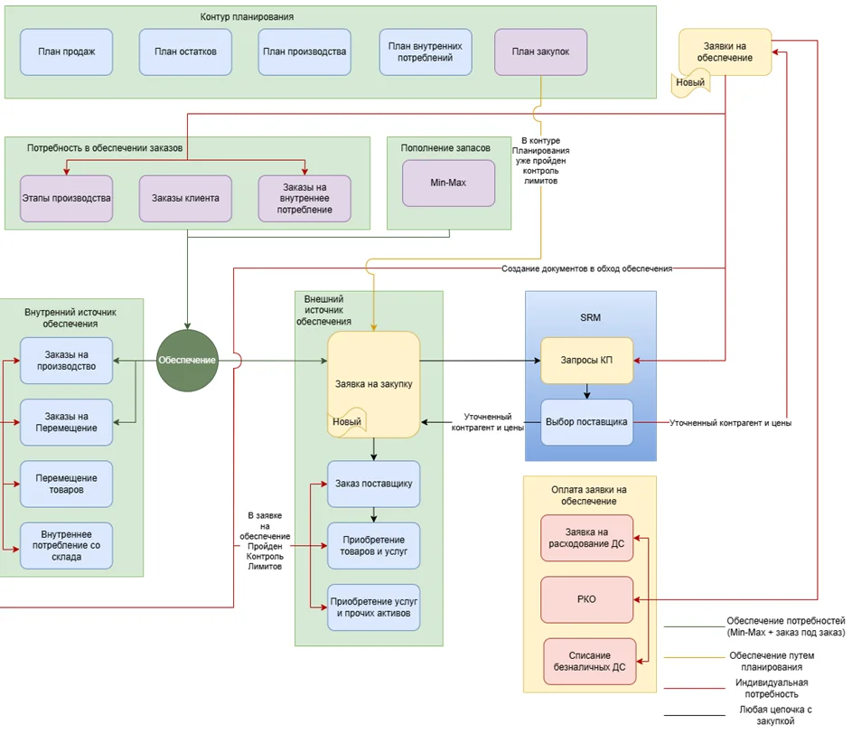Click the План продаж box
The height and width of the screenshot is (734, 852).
(x=67, y=52)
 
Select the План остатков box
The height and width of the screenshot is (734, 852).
(x=185, y=52)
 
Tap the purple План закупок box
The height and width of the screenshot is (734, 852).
(x=540, y=52)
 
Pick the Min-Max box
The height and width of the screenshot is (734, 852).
(x=448, y=183)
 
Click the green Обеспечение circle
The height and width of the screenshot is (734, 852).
(x=187, y=360)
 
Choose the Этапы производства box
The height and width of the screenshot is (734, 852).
(x=66, y=197)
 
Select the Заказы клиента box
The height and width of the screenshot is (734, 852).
(x=184, y=197)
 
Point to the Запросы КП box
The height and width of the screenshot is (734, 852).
(x=586, y=361)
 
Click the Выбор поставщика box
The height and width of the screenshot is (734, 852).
(x=586, y=421)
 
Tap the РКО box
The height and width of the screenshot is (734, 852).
(x=586, y=599)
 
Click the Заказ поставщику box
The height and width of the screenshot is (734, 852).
(x=373, y=484)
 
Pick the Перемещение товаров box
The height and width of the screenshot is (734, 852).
(x=67, y=484)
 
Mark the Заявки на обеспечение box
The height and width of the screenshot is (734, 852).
(x=725, y=52)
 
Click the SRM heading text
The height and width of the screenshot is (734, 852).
(x=590, y=317)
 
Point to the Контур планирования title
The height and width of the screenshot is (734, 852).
(x=247, y=17)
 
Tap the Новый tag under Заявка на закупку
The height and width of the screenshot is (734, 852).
(x=347, y=421)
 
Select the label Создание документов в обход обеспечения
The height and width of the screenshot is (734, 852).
(x=587, y=268)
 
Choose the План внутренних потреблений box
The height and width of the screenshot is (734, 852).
(x=425, y=52)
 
